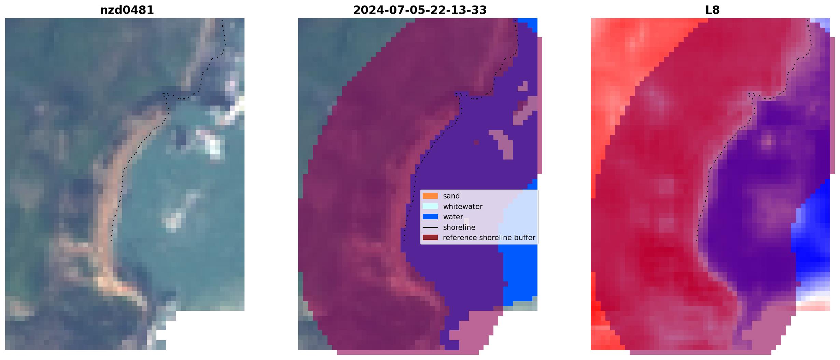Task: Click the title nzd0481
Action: (127, 10)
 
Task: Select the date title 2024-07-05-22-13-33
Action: (420, 10)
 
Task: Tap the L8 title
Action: (712, 10)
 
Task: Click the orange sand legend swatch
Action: (430, 196)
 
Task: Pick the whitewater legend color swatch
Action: (430, 206)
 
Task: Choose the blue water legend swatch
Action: (430, 217)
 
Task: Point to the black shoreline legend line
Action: (430, 227)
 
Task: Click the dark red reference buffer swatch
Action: (430, 238)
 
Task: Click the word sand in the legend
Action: (451, 196)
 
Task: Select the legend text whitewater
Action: (463, 207)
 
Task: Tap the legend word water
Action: (453, 217)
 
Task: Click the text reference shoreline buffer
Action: (489, 238)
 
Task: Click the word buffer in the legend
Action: (526, 238)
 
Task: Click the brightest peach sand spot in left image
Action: (116, 287)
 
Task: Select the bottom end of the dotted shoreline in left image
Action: (111, 240)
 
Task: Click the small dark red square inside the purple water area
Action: (476, 142)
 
